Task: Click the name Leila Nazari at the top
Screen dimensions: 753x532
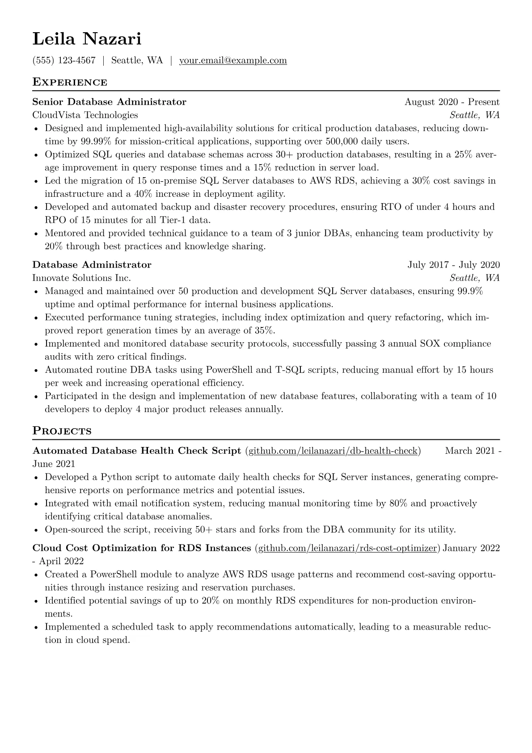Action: tap(87, 39)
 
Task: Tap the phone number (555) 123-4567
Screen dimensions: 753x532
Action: tap(64, 60)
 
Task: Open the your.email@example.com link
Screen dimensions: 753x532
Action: tap(233, 60)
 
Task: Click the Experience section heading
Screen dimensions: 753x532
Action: tap(70, 82)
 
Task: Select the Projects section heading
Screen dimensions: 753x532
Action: tap(62, 431)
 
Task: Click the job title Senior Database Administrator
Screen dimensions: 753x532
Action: tap(109, 102)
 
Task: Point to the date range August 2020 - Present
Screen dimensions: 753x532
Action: tap(452, 102)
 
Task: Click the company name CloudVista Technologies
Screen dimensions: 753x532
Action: tap(85, 115)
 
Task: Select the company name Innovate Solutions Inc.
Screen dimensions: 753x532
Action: tap(81, 278)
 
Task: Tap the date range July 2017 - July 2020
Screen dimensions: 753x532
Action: tap(453, 265)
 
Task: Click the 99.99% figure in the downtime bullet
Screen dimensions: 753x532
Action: tap(97, 141)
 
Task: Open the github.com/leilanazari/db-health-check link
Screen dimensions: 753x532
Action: tap(333, 451)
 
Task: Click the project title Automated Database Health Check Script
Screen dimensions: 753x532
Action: tap(137, 451)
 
